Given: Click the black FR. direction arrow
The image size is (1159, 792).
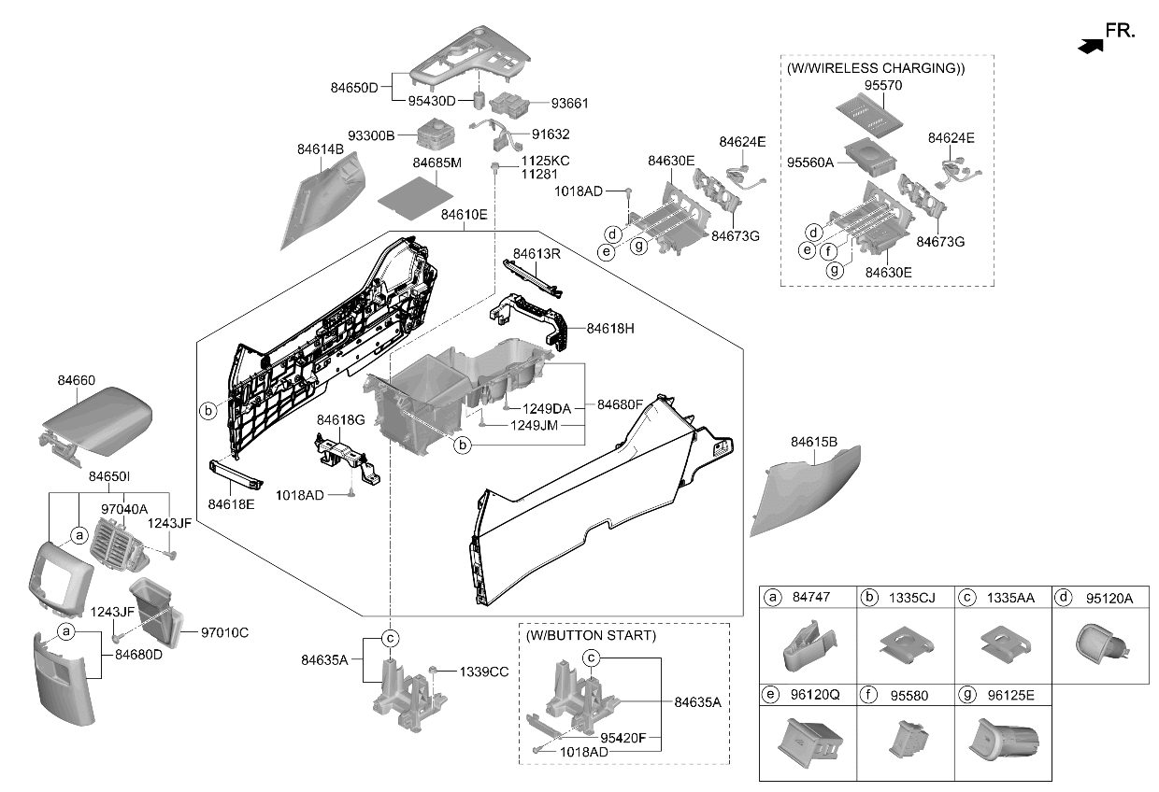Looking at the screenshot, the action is pos(1091,47).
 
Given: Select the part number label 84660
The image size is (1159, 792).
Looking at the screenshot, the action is pos(76,380).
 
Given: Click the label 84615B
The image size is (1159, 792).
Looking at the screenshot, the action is pos(814,442).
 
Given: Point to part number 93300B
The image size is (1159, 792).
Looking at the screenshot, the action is pos(371,135).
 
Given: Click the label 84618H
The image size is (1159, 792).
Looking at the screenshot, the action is pos(610,328).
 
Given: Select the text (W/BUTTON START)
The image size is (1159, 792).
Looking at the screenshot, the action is pos(591,635).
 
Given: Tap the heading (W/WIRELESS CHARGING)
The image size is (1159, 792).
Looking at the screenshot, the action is pos(876,68).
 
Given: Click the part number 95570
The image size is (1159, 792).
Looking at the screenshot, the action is pos(882,85).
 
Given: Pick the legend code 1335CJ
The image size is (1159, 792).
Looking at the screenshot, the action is pos(911,598).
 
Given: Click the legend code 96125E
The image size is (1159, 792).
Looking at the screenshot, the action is pos(1010,695).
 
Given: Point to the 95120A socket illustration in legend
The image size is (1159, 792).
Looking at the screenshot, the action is pos(1101,644).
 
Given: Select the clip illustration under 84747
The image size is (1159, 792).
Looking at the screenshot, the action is pos(808,646).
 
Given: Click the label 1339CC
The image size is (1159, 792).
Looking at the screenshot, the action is pos(484,672).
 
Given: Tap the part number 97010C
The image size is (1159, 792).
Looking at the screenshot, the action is pos(224,632).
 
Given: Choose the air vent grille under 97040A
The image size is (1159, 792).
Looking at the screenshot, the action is pos(119,544).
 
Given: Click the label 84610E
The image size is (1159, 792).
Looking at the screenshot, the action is pos(464,215).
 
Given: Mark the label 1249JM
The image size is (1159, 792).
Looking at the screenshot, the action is pos(534,426).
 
